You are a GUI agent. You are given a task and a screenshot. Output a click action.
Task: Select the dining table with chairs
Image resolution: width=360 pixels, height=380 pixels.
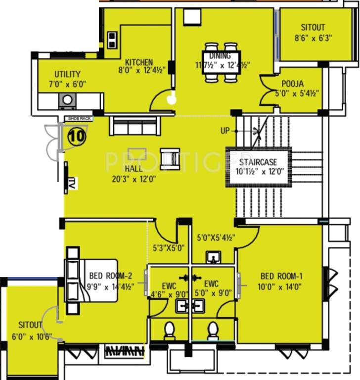tap(223, 62)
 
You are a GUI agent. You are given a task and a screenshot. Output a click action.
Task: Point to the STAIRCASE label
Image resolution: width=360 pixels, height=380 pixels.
tap(258, 162)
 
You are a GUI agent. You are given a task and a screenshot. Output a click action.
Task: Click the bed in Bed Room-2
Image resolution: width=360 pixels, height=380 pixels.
tap(92, 281)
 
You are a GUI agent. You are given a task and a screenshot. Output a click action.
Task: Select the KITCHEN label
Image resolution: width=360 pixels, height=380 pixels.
tap(139, 62)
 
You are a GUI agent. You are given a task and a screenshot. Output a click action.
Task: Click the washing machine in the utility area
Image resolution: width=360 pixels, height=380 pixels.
tap(67, 100)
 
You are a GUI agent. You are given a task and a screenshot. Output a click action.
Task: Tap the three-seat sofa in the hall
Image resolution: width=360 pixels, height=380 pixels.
tap(135, 127)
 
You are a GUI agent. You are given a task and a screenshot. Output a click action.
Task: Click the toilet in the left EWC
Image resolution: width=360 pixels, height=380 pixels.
tap(169, 330)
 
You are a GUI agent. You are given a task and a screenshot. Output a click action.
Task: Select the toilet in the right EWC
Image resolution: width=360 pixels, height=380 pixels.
tap(213, 330)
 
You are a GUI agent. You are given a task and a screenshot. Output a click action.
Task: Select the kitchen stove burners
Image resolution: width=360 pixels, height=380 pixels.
tap(112, 39)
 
